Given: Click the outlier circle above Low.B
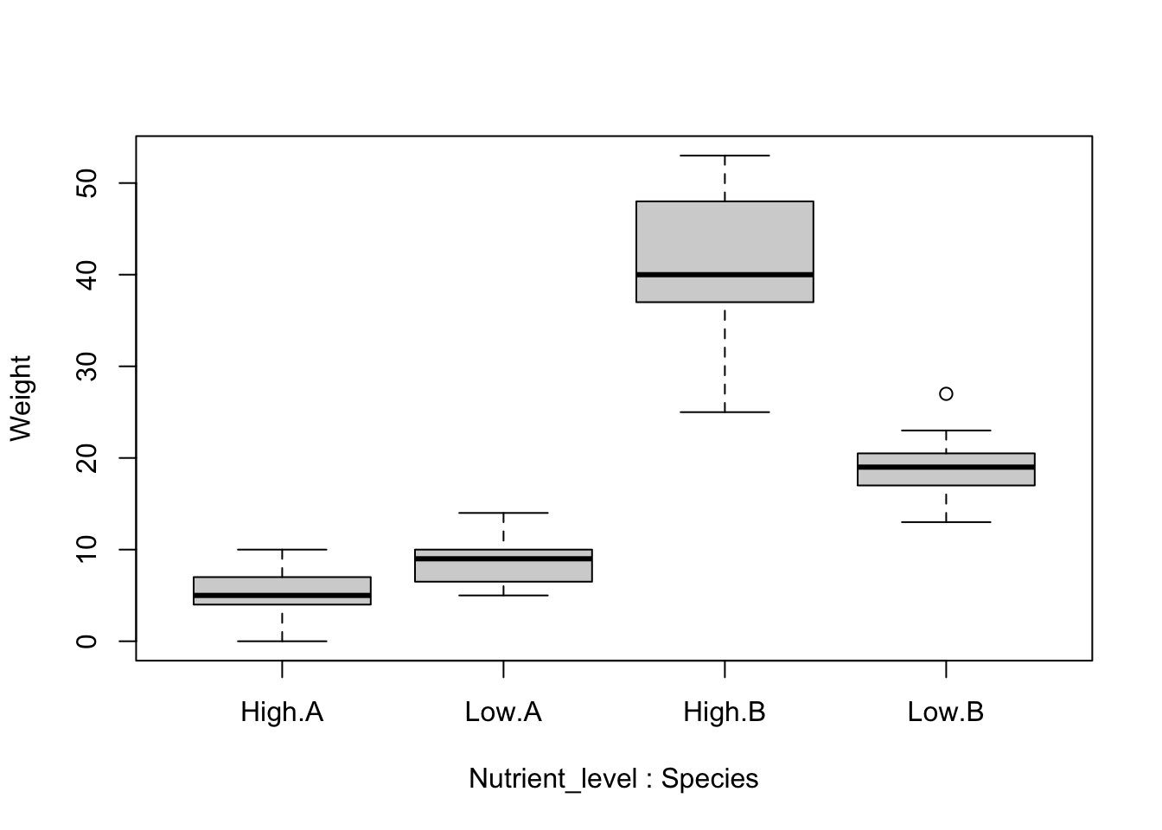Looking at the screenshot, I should pos(946,393).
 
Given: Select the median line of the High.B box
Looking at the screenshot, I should pos(725,275).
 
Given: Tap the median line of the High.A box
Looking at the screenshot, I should pos(282,596).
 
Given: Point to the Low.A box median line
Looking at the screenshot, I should pos(503,559).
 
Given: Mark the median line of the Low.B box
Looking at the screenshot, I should pos(946,467).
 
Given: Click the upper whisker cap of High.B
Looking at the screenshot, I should pos(725,156).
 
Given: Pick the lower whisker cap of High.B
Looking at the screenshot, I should pos(725,412).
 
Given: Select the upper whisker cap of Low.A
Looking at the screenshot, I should pos(503,513).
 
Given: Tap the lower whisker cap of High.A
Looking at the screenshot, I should pos(282,641).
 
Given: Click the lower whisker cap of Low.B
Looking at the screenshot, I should pos(946,522).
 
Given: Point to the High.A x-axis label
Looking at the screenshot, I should pos(282,712).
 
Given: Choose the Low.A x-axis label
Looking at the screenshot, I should pos(503,712).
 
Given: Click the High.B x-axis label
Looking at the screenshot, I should pos(725,712).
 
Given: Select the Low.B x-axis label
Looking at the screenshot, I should pos(946,712).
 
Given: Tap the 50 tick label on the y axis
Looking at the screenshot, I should pos(86,183).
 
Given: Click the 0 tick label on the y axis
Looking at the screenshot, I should pos(86,641).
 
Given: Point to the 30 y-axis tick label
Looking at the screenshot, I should pos(86,367).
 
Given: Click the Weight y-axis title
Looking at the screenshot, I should pos(21,398).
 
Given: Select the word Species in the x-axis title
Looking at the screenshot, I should pos(710,779).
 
